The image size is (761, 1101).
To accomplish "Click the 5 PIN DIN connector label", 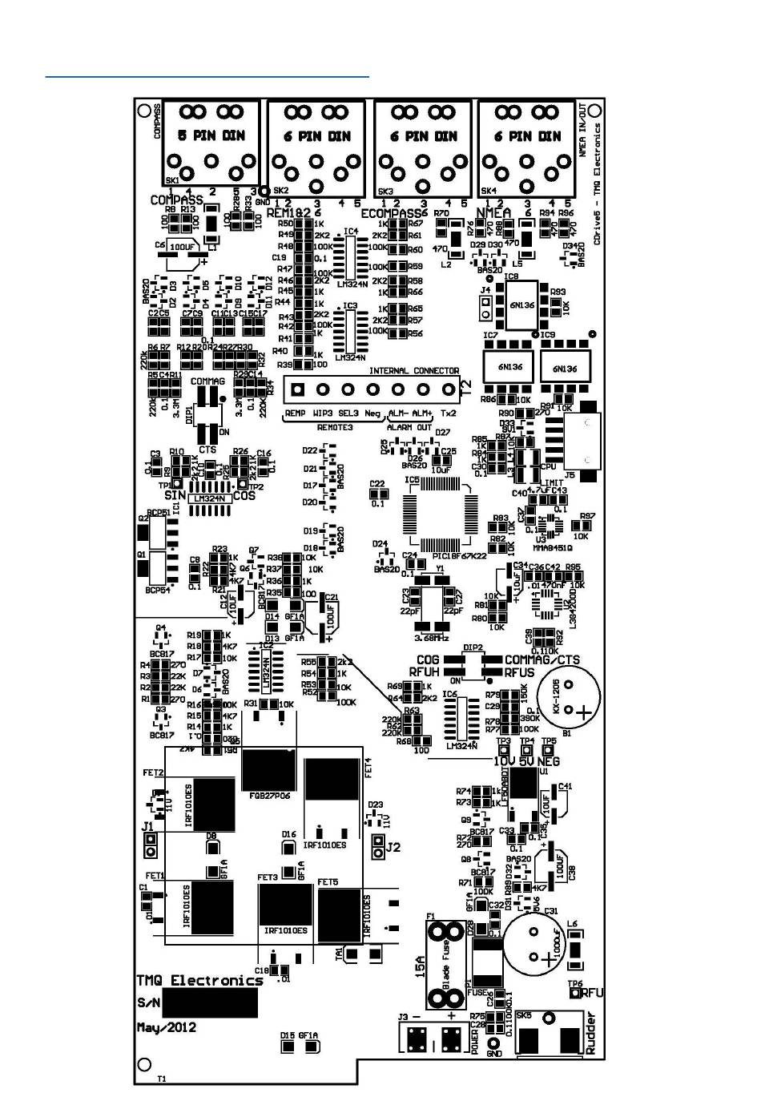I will pos(211,135).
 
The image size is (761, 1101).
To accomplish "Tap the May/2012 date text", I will pos(167,1027).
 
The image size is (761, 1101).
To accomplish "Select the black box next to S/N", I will pos(210,1002).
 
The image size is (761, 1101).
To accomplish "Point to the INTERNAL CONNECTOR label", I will pos(413,371).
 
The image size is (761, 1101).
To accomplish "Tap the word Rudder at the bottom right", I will pos(591,1034).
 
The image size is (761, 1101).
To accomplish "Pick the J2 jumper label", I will pos(393,847).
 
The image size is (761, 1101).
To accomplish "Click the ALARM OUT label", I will pos(409,428).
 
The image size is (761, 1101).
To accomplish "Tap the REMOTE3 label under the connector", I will pos(335,428).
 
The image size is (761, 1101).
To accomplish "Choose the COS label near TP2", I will pos(244,496).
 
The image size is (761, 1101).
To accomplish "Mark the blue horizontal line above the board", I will pos(207,77).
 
